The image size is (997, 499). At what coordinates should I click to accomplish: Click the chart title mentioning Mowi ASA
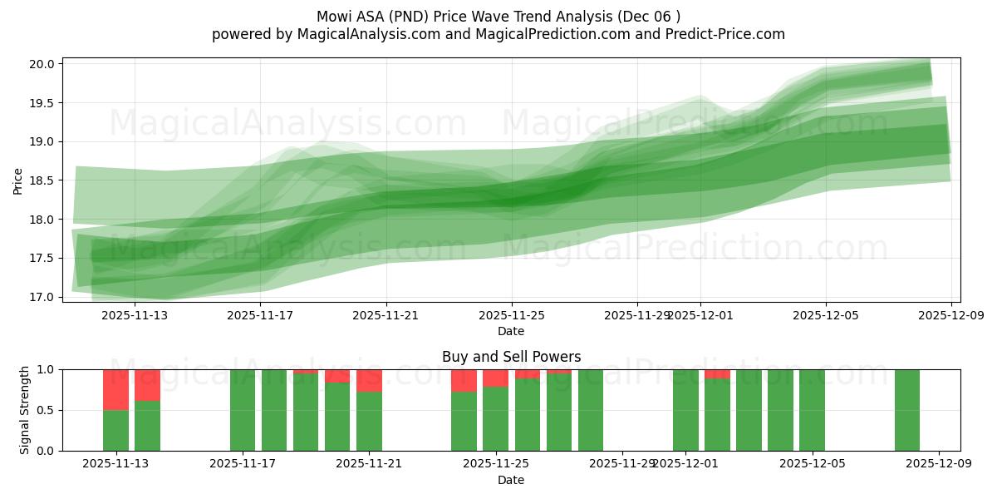click(498, 17)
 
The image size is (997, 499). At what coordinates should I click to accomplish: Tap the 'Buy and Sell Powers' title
click(511, 357)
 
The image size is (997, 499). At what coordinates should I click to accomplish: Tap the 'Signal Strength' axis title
click(25, 410)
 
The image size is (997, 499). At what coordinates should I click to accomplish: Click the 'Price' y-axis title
click(18, 180)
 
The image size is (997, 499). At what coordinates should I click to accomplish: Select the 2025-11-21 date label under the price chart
click(386, 315)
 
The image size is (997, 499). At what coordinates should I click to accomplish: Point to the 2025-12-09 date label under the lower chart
click(939, 464)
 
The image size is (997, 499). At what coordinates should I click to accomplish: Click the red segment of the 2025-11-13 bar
click(115, 389)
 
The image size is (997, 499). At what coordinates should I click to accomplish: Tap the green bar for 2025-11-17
click(243, 410)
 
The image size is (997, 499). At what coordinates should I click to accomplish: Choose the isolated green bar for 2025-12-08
click(907, 410)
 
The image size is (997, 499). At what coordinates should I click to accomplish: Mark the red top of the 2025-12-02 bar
click(717, 373)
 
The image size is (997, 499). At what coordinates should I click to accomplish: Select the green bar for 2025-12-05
click(812, 410)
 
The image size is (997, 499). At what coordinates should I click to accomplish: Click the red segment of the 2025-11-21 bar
click(369, 380)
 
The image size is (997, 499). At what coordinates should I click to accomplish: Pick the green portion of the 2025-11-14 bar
click(147, 426)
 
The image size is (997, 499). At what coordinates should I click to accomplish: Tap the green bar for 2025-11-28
click(591, 410)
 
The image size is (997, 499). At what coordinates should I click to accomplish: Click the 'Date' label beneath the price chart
click(511, 331)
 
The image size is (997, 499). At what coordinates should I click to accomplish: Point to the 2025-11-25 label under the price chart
click(512, 315)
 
